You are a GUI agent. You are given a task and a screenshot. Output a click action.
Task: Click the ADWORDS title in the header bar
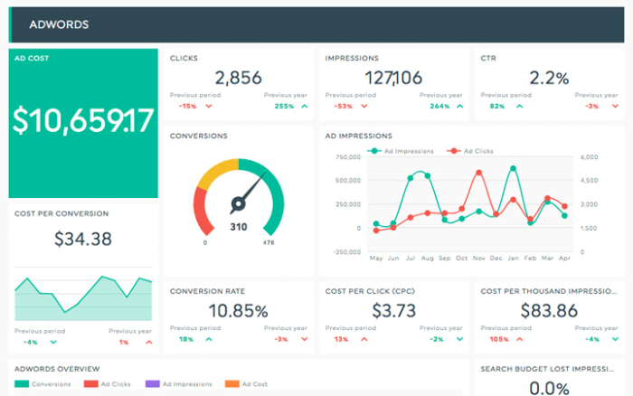point(59,24)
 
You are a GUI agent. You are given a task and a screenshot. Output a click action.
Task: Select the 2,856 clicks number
point(239,79)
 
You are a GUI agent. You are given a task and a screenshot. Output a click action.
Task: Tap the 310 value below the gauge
point(239,226)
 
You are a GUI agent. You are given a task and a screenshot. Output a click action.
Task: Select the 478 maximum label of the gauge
point(268,242)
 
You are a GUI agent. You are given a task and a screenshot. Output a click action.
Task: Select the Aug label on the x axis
point(428,258)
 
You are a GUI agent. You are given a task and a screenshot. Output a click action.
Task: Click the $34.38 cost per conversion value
point(83,239)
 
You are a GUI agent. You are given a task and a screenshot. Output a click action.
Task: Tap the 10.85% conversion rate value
point(239,311)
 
